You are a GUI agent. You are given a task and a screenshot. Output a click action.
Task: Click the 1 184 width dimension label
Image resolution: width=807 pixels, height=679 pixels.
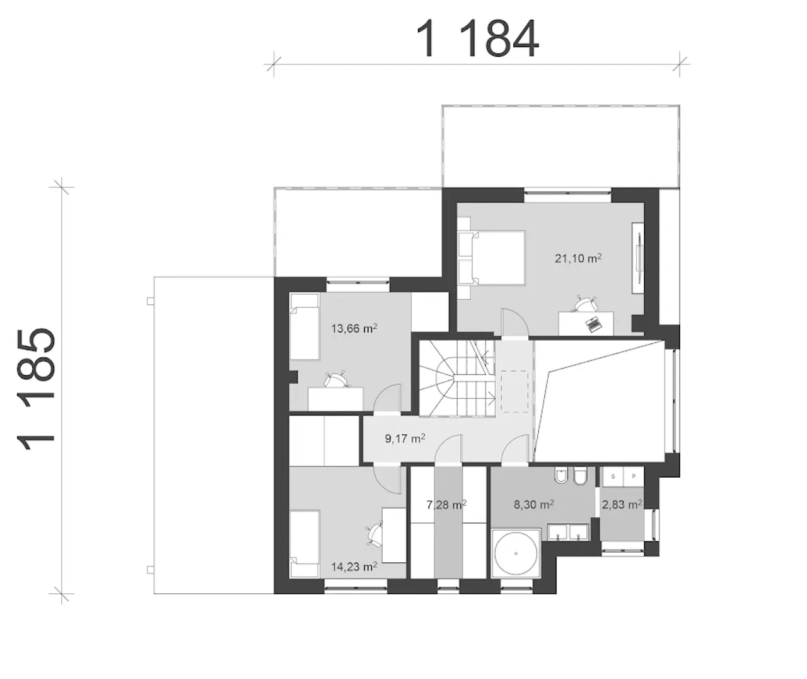(478, 38)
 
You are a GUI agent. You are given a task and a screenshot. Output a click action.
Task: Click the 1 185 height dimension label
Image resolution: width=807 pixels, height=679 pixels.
(36, 389)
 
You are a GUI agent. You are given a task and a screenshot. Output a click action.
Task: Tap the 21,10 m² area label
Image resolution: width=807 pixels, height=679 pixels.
(578, 258)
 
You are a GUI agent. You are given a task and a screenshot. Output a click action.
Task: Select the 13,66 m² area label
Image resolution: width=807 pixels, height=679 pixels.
(354, 329)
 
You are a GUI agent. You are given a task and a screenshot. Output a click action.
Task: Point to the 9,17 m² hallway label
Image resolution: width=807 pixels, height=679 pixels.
(405, 439)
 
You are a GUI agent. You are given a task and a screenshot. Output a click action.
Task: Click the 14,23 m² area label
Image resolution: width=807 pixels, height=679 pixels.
(354, 567)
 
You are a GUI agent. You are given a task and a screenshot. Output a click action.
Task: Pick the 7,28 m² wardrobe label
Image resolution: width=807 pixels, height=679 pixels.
(446, 504)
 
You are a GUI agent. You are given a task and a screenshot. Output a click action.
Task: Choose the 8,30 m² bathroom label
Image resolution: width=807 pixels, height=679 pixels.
(534, 504)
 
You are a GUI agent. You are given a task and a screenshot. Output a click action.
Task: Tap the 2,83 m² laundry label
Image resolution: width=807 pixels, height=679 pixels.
(622, 504)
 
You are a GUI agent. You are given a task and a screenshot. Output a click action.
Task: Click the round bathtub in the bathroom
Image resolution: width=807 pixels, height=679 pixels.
(516, 554)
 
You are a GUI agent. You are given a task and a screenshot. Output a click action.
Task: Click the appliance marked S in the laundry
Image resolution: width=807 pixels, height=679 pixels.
(613, 476)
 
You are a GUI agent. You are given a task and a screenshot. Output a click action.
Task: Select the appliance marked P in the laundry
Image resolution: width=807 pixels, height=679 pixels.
(634, 476)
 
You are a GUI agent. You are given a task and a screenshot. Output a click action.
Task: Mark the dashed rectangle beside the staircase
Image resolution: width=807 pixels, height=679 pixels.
(514, 391)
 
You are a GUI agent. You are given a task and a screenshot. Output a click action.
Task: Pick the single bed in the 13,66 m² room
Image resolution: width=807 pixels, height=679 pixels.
(305, 326)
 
